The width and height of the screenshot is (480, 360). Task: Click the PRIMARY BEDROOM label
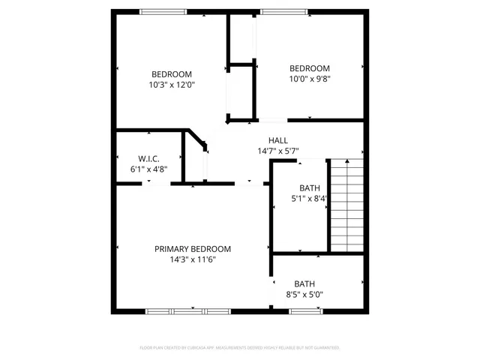(x=193, y=249)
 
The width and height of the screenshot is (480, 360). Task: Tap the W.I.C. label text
(x=148, y=158)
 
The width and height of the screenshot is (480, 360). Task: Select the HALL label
(x=278, y=140)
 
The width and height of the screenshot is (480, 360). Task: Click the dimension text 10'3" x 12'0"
(x=172, y=85)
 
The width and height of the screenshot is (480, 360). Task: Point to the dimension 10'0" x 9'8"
(x=310, y=78)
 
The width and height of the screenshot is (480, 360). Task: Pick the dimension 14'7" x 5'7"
(x=278, y=151)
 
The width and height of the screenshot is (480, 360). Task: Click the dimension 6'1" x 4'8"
(x=148, y=169)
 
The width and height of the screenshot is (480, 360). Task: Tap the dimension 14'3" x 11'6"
(x=193, y=259)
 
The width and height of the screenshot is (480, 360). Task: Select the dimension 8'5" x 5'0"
(x=304, y=295)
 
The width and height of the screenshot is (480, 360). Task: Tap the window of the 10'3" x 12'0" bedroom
(x=164, y=11)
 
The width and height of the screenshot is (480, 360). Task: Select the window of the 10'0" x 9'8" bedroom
(x=283, y=11)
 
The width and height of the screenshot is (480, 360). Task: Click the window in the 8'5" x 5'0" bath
(x=306, y=310)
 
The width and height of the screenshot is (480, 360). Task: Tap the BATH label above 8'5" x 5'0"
(x=304, y=283)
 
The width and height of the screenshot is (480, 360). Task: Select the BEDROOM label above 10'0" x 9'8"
(x=310, y=67)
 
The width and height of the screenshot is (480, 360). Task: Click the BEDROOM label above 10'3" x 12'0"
(x=172, y=73)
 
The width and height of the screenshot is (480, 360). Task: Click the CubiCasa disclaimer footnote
(x=240, y=348)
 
